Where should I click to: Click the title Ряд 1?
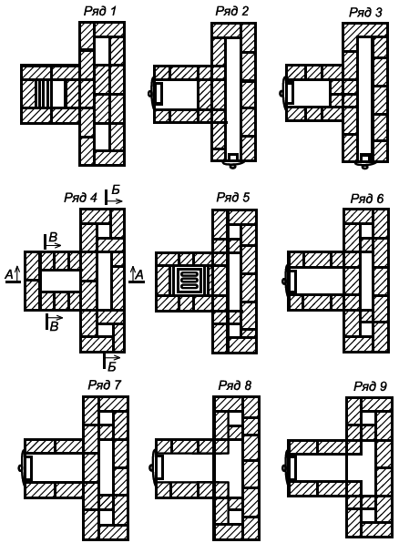click(x=99, y=12)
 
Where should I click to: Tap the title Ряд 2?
click(x=231, y=11)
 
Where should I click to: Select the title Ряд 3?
click(x=365, y=13)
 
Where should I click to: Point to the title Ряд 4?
click(x=81, y=198)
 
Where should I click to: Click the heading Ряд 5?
click(x=233, y=198)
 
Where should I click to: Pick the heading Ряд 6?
click(x=367, y=199)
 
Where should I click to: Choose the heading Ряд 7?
click(x=104, y=384)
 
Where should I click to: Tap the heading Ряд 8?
click(x=234, y=385)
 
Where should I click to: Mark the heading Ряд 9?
click(x=370, y=386)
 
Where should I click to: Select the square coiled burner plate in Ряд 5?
click(x=189, y=281)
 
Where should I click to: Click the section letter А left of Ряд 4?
click(x=10, y=274)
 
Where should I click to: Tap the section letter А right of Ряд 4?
click(x=139, y=275)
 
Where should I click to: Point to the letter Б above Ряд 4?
click(x=116, y=190)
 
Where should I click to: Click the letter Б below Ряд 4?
click(x=112, y=367)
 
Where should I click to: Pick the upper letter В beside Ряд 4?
click(x=53, y=237)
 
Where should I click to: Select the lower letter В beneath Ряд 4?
click(x=54, y=326)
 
